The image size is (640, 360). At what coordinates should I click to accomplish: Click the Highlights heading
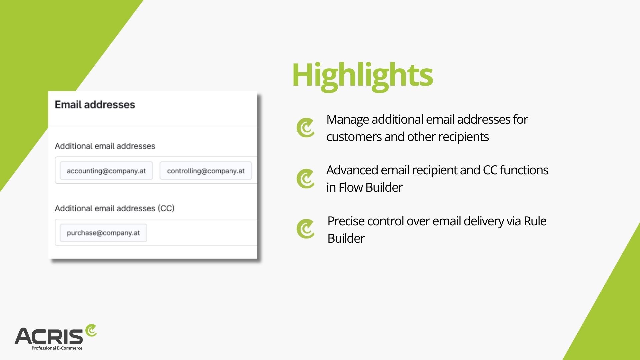[362, 76]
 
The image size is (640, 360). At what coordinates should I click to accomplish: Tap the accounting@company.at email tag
[106, 171]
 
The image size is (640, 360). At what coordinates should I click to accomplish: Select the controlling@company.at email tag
[206, 171]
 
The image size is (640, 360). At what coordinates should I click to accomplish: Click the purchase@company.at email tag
[103, 233]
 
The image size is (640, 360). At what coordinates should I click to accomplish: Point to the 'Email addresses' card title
[95, 105]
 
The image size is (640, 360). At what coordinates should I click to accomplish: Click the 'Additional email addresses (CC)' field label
[115, 208]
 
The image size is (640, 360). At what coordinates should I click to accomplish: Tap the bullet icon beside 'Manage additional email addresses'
[306, 128]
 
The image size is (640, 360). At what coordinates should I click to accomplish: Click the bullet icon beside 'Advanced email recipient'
[306, 179]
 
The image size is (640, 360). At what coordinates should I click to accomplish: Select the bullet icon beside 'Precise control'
[306, 229]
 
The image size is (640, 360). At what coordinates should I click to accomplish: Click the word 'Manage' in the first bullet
[347, 120]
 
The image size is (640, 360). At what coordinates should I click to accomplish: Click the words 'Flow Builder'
[371, 187]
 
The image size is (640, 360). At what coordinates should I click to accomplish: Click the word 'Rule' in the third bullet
[535, 221]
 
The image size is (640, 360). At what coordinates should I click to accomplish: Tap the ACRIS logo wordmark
[49, 336]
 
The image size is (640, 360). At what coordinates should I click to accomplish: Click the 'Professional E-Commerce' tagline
[57, 348]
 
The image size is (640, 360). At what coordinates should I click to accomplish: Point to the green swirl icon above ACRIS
[91, 330]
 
